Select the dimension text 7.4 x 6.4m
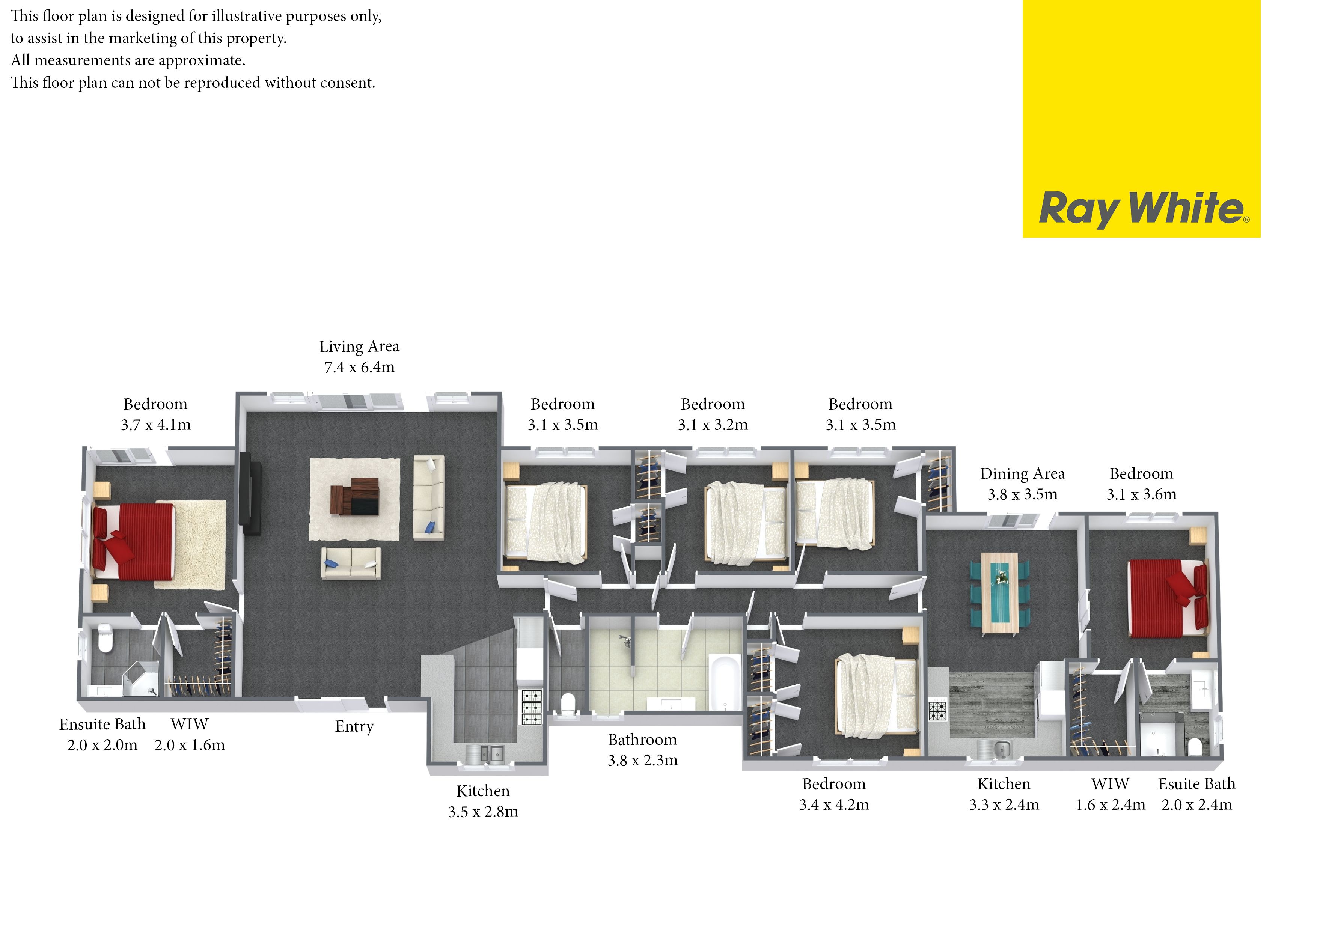360,367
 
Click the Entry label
354,727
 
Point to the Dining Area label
1022,474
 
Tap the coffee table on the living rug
355,496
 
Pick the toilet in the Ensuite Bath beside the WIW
105,638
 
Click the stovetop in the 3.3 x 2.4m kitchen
938,711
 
